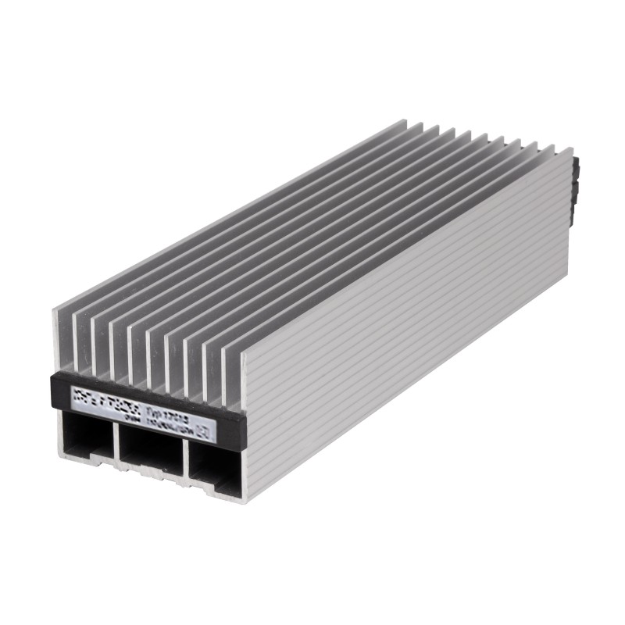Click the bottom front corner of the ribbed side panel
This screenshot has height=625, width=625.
click(x=247, y=500)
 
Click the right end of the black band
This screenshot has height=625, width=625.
click(x=245, y=427)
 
